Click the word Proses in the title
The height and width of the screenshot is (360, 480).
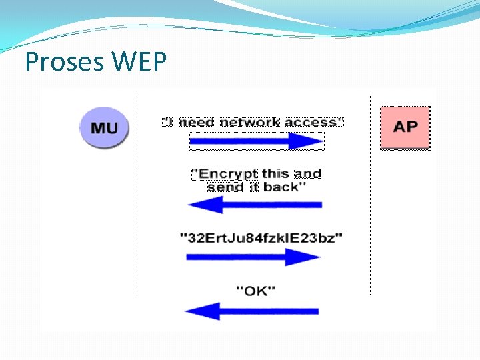click(x=64, y=62)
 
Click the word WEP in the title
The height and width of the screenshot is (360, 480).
click(x=140, y=62)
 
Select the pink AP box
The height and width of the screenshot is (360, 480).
click(x=405, y=126)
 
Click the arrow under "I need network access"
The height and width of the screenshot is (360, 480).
click(x=257, y=141)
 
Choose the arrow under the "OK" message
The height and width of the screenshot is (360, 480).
click(x=251, y=311)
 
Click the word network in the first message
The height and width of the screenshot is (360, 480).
click(x=250, y=122)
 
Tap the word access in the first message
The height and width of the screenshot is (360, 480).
click(x=311, y=122)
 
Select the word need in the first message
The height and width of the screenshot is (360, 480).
click(x=197, y=123)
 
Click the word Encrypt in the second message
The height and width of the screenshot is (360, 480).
click(x=225, y=174)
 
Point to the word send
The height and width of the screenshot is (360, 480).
click(x=226, y=187)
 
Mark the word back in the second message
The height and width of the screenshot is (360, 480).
click(x=284, y=187)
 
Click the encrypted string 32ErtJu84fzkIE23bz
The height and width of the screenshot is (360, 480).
click(x=261, y=237)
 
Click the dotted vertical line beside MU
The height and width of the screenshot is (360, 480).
click(x=137, y=200)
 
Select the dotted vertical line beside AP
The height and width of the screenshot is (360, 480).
click(x=371, y=200)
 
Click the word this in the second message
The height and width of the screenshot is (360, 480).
click(x=275, y=173)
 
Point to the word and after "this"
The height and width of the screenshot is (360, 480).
click(x=307, y=173)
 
